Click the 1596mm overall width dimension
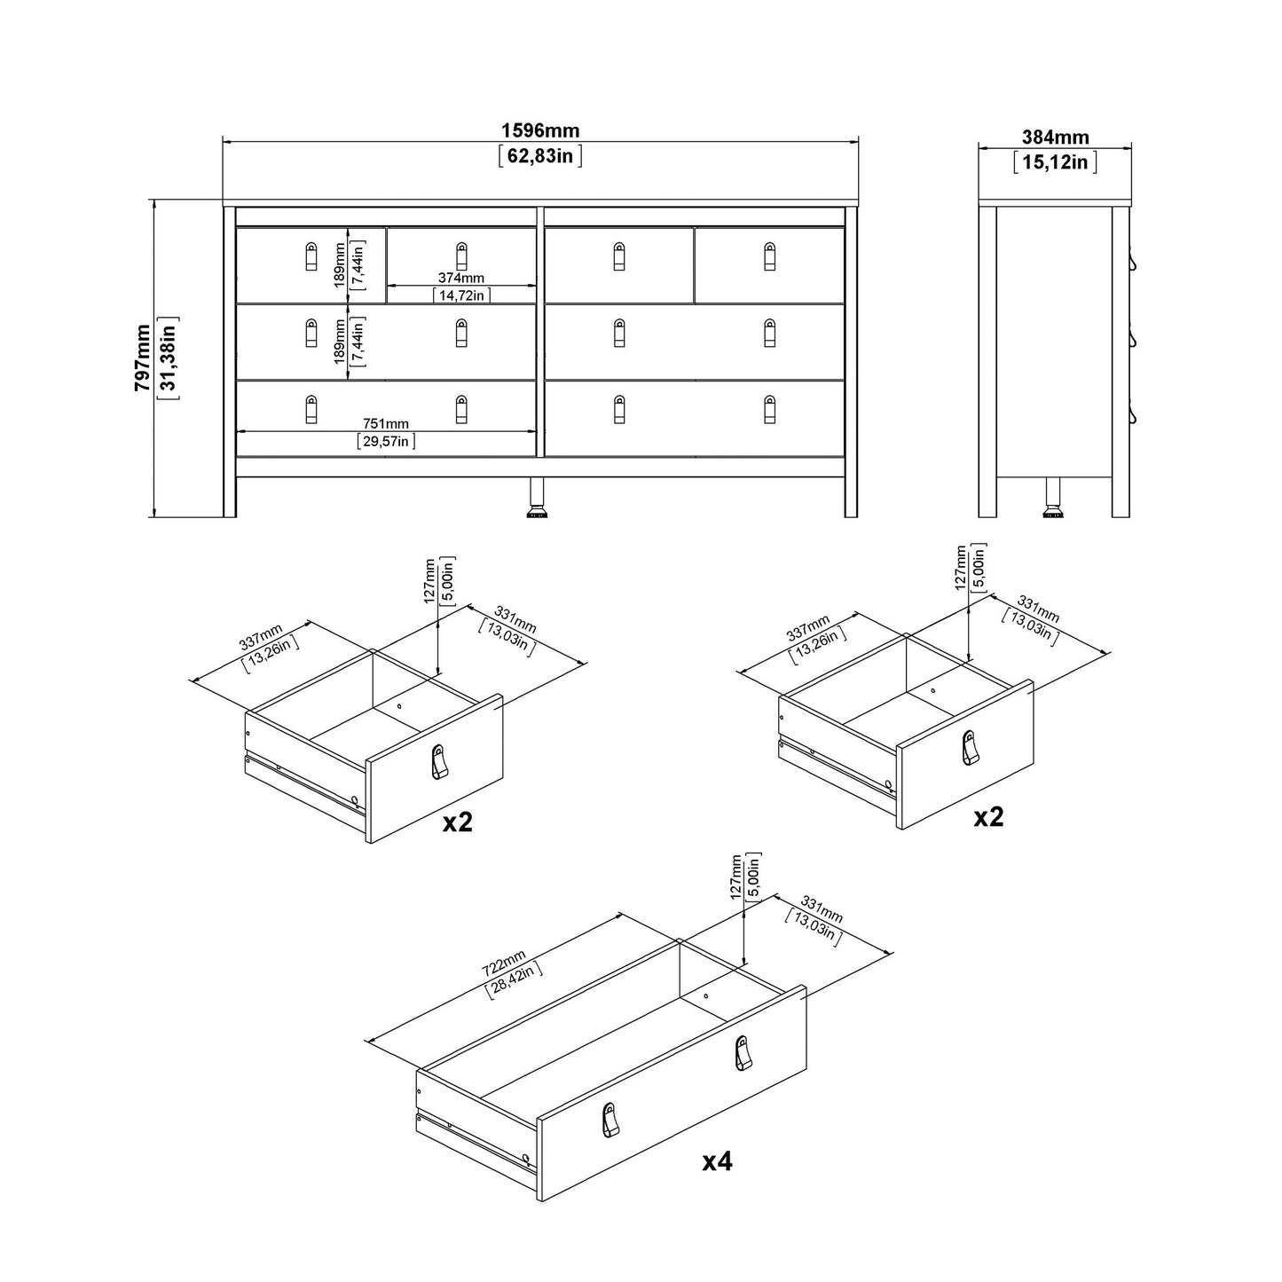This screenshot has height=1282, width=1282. [x=540, y=131]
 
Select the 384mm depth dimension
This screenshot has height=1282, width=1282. [x=1055, y=138]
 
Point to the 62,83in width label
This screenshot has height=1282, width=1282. [x=540, y=157]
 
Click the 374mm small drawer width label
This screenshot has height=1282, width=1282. [x=461, y=279]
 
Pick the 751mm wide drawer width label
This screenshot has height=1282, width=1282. [x=386, y=424]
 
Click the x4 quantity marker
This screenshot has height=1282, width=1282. [x=717, y=1161]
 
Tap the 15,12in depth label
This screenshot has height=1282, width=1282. [x=1055, y=161]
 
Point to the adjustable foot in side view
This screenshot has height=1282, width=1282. [x=1053, y=499]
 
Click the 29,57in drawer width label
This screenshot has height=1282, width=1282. [x=386, y=441]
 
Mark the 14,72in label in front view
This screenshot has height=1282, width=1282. [x=461, y=295]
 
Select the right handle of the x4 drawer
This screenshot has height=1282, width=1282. [x=743, y=1053]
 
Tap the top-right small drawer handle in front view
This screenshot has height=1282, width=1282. [x=769, y=256]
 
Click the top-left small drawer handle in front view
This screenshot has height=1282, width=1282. [x=311, y=256]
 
